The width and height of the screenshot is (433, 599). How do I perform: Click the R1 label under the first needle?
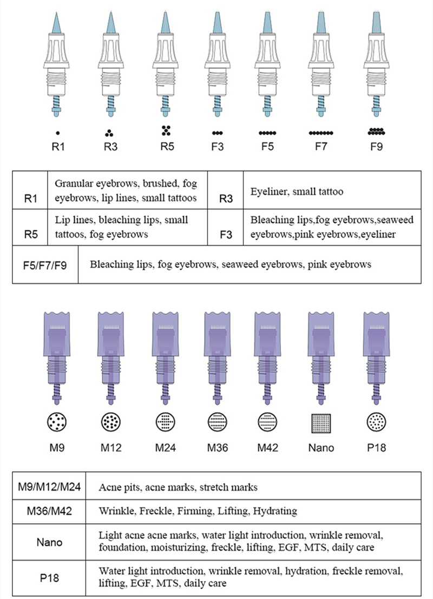tap(58, 146)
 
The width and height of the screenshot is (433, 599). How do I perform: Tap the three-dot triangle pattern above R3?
tap(110, 132)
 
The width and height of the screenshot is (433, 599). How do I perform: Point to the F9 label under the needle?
tap(376, 146)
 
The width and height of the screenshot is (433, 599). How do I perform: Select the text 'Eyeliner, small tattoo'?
tap(297, 192)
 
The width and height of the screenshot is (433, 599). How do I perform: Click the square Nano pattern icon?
tap(322, 422)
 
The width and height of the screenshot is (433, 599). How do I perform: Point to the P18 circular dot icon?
tap(376, 422)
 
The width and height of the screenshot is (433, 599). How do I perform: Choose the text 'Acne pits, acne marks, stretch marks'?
tap(178, 487)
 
